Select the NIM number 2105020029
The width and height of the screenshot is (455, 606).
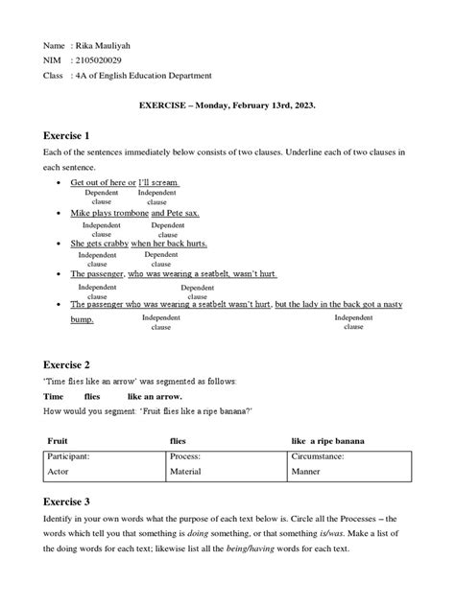click(x=99, y=60)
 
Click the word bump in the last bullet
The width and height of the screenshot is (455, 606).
click(x=82, y=319)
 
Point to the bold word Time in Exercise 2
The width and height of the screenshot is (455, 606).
click(x=54, y=396)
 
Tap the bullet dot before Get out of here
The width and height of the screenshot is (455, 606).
click(x=60, y=183)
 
